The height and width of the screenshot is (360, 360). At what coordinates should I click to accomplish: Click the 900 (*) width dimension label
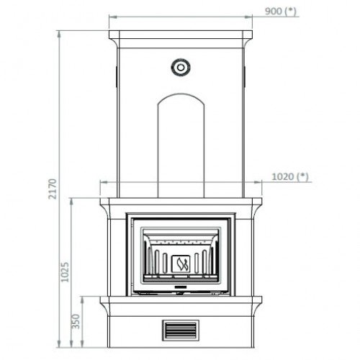pos(281,12)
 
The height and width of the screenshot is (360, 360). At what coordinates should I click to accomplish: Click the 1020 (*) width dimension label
pos(290,177)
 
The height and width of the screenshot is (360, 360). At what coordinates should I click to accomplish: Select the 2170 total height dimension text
pos(53,189)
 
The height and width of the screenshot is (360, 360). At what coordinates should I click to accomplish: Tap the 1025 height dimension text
pos(65,272)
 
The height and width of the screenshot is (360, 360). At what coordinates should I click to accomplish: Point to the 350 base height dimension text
pos(76,321)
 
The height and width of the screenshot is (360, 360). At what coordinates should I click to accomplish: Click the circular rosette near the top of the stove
pos(181,67)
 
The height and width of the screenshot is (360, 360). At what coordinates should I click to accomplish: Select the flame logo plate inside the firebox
pos(181,264)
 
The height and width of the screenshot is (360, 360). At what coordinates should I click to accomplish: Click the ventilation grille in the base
pos(181,330)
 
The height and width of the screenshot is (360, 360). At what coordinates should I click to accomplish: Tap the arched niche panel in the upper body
pos(181,145)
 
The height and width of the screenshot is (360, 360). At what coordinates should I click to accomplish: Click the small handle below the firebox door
pos(181,287)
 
